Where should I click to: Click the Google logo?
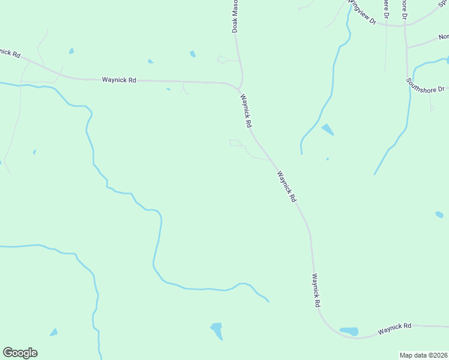[x=20, y=353]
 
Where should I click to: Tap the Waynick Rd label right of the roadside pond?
[x=394, y=328]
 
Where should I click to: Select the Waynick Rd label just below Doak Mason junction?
[x=246, y=110]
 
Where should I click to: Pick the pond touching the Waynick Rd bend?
[x=349, y=331]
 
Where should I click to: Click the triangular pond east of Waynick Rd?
[x=328, y=129]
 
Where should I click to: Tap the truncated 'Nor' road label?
[x=443, y=36]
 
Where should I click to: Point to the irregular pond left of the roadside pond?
[x=217, y=329]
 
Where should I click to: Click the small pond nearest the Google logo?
[x=54, y=332]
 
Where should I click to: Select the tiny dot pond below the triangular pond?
[x=327, y=159]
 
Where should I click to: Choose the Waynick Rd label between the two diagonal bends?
[x=287, y=186]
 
